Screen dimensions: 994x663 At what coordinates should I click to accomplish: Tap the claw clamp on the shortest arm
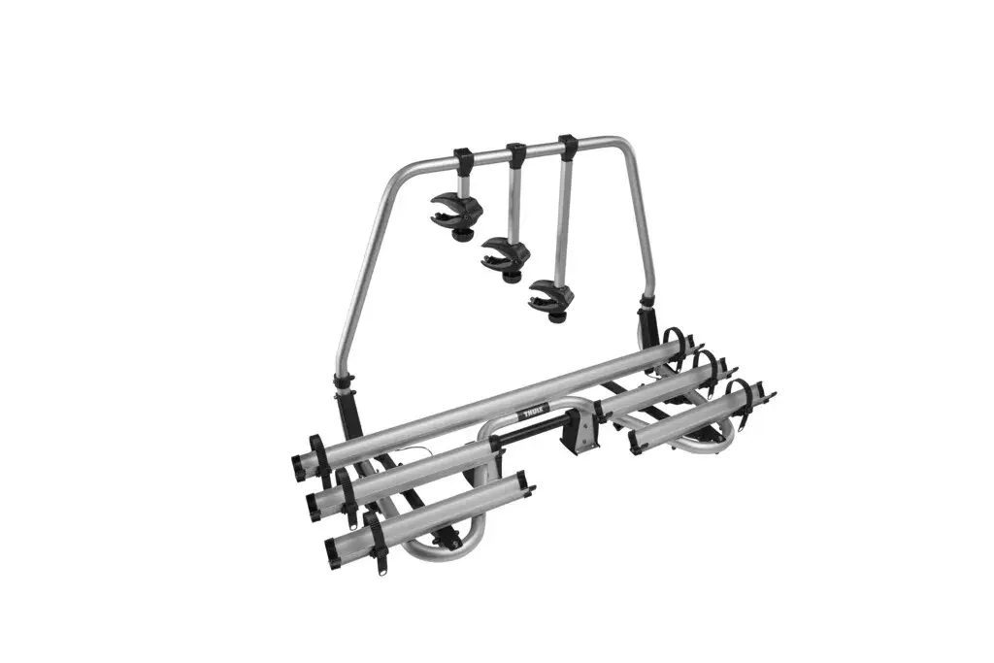(x=456, y=210)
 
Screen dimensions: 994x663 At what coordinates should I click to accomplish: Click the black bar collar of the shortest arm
(x=463, y=162)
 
